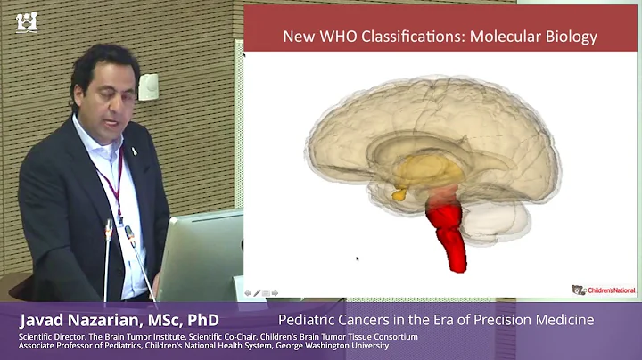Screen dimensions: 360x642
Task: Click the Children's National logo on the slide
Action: [x=592, y=290]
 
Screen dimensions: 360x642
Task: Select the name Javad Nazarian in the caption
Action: [x=89, y=319]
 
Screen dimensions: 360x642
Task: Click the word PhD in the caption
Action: [x=202, y=319]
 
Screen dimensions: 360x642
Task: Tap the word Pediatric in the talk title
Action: [x=309, y=319]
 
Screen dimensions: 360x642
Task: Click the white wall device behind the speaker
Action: [x=148, y=86]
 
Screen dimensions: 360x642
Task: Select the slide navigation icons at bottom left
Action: [x=261, y=292]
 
